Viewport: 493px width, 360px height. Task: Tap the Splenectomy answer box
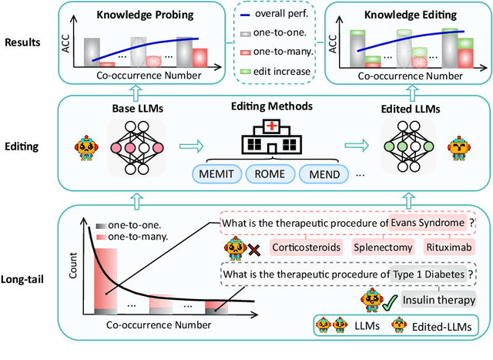point(384,247)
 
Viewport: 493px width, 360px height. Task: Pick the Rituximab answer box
point(447,247)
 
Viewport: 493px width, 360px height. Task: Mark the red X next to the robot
point(252,248)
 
